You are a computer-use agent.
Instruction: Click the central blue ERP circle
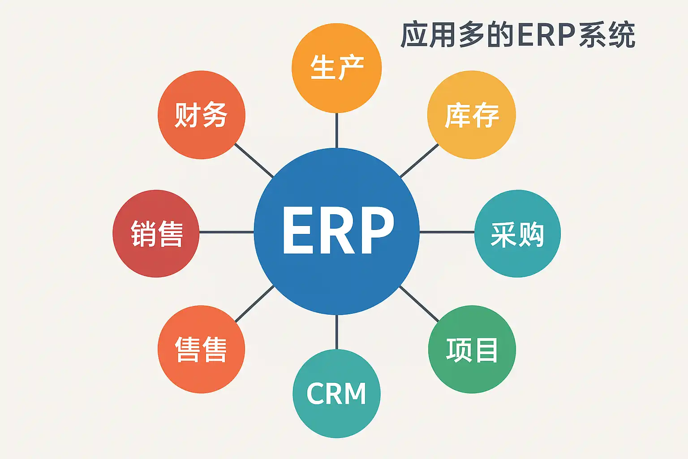pos(336,231)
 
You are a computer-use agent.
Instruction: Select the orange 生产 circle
pos(336,68)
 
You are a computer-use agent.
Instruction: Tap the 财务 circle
pos(202,115)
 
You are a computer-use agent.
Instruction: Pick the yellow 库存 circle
pos(471,115)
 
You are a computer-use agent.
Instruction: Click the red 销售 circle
pos(156,233)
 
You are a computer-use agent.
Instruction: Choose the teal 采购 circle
pos(517,233)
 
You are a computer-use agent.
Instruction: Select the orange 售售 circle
pos(201,349)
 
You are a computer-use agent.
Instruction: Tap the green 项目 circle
pos(472,349)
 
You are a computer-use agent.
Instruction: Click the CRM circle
pos(336,394)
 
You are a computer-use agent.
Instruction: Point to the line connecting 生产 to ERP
pos(336,130)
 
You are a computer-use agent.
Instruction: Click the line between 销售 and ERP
pos(226,232)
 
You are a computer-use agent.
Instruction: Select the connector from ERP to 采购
pos(447,232)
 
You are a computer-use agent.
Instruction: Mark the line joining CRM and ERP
pos(336,332)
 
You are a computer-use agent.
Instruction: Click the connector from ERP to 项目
pos(419,303)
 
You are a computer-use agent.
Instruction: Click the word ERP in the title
pos(546,35)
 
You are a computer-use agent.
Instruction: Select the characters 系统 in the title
pos(607,35)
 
